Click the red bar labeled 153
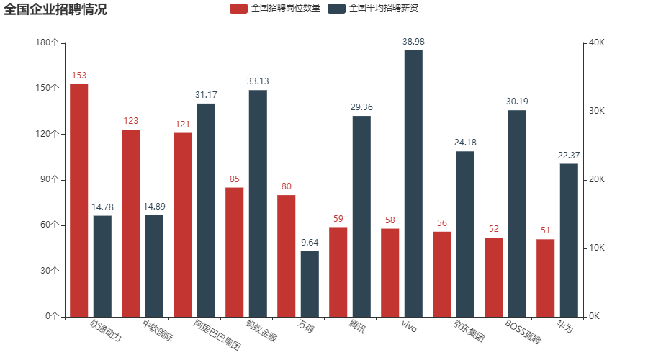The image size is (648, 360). tap(79, 200)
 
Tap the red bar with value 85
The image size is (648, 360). tap(235, 251)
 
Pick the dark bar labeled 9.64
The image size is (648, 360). tap(310, 283)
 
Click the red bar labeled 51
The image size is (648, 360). tap(546, 277)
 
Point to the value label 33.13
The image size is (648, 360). tap(258, 81)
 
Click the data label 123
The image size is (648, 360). tap(131, 121)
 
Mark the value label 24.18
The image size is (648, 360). tap(465, 143)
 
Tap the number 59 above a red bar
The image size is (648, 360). tap(338, 218)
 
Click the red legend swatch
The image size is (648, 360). tap(238, 9)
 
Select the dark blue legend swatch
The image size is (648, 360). tap(336, 9)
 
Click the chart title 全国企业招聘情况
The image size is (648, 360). tap(55, 9)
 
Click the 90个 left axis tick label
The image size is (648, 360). tap(49, 179)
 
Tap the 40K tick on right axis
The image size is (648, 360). tap(597, 42)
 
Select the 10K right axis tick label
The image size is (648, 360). tap(597, 248)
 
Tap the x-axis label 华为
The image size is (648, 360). tap(565, 327)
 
